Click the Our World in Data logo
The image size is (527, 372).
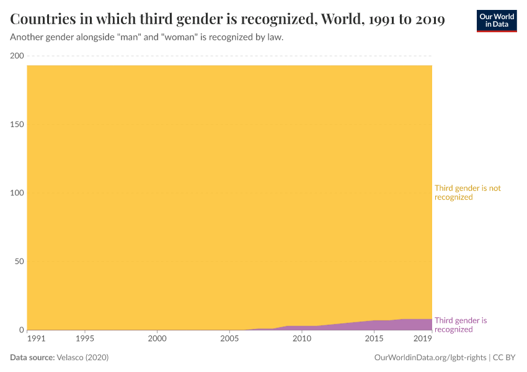click(x=496, y=20)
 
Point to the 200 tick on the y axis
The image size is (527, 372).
click(x=17, y=56)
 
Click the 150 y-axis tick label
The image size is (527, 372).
click(x=17, y=125)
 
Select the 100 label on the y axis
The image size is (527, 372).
click(x=17, y=193)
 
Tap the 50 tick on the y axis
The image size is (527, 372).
click(x=19, y=262)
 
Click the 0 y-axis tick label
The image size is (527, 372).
click(x=21, y=330)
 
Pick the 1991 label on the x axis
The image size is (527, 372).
click(x=37, y=339)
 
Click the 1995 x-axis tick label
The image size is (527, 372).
click(x=85, y=339)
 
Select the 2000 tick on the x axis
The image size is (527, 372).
click(x=157, y=339)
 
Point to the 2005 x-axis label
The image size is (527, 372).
click(x=229, y=339)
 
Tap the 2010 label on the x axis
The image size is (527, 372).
click(x=302, y=339)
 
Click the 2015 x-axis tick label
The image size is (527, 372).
click(x=374, y=339)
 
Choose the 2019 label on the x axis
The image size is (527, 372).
click(x=423, y=339)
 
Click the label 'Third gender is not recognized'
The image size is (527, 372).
click(x=467, y=193)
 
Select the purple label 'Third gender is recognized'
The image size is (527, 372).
click(x=461, y=325)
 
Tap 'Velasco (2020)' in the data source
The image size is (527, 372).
click(x=83, y=358)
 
